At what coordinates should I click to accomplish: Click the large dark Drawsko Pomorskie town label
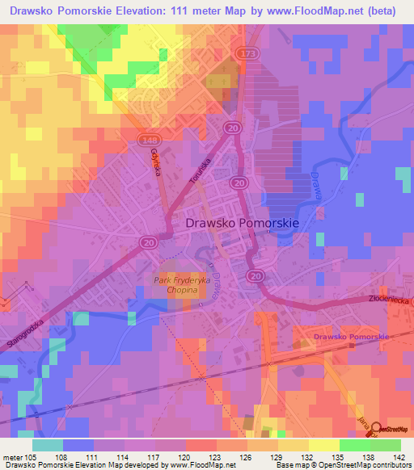point(243,222)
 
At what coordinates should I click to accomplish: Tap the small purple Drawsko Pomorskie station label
point(352,336)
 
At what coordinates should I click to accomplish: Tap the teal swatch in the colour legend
point(47,445)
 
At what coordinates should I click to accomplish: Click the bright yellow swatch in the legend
point(323,445)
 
